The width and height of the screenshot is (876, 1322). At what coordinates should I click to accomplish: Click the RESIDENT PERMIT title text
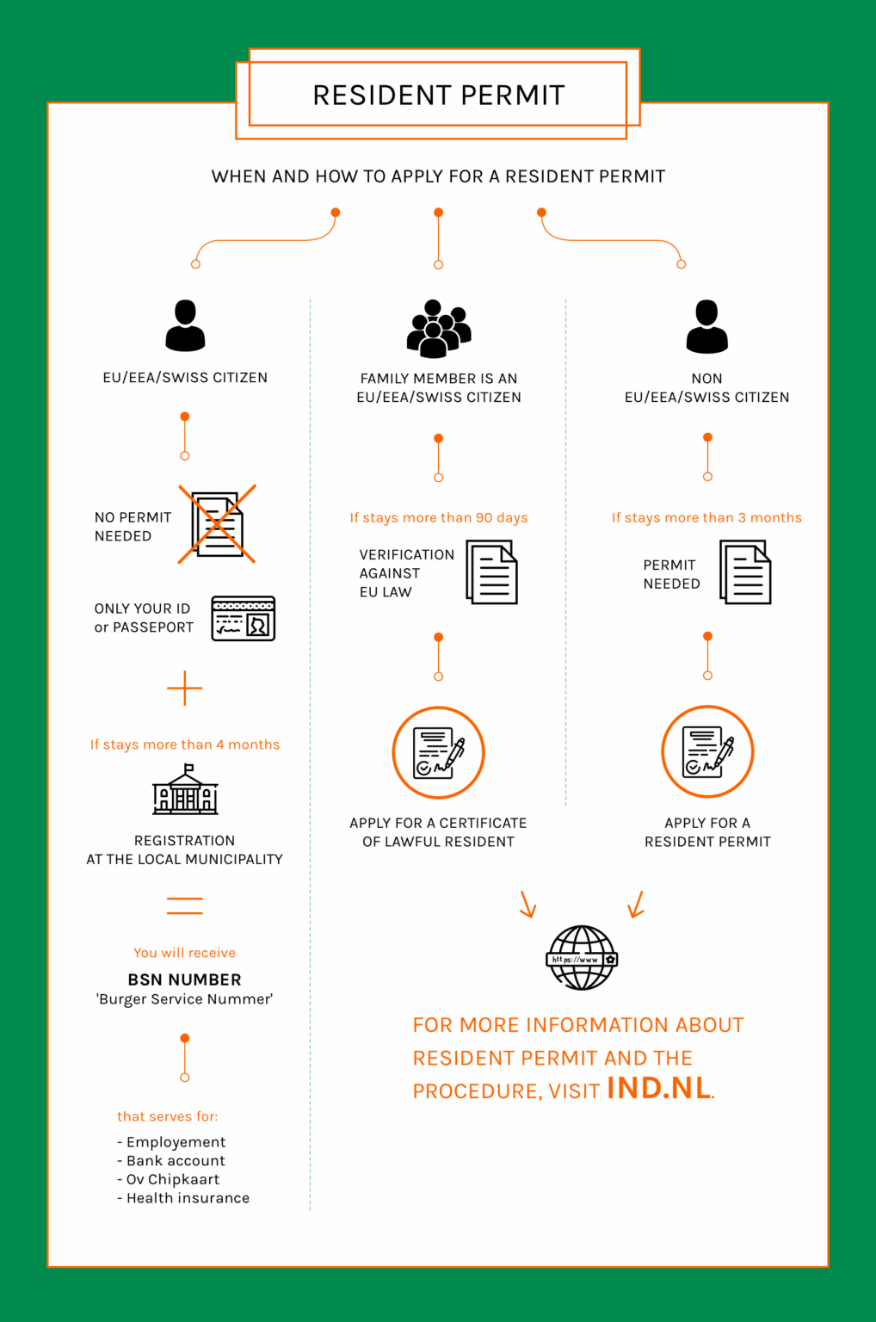click(438, 95)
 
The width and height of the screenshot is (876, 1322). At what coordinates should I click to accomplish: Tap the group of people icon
click(439, 329)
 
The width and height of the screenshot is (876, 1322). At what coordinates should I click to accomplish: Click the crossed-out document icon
click(217, 524)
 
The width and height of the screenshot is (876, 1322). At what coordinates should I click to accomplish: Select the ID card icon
click(244, 618)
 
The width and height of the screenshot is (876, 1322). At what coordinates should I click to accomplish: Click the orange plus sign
click(185, 689)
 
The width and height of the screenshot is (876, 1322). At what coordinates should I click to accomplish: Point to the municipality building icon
click(185, 791)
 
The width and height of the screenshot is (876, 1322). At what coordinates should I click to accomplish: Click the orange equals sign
click(185, 905)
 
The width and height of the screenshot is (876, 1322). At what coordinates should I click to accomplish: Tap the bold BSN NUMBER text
click(185, 979)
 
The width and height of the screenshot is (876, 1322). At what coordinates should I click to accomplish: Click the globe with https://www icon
click(582, 958)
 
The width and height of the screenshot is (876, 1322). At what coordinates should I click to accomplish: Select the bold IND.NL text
click(659, 1088)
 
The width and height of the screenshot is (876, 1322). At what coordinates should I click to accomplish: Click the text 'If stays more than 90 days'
click(439, 517)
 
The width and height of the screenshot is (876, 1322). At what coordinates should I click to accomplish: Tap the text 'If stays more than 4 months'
click(185, 744)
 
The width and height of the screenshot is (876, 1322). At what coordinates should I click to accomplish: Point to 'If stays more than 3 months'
click(706, 517)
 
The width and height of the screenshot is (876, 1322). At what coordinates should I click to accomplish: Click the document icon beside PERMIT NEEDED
click(745, 572)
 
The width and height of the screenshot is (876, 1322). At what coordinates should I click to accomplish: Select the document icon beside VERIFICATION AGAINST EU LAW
click(491, 572)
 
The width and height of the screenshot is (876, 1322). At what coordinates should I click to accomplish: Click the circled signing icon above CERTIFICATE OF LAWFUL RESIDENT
click(439, 753)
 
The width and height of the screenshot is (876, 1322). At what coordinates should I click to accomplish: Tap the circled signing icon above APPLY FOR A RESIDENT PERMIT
click(707, 752)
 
